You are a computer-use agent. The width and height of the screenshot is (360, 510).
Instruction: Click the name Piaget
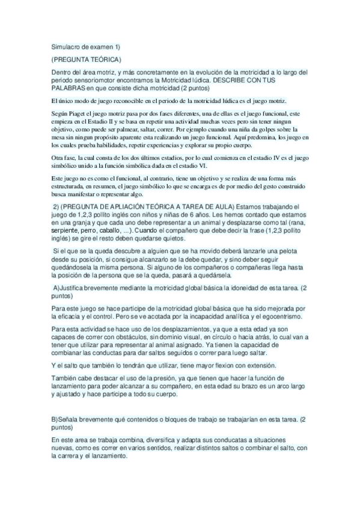[x=81, y=114]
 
